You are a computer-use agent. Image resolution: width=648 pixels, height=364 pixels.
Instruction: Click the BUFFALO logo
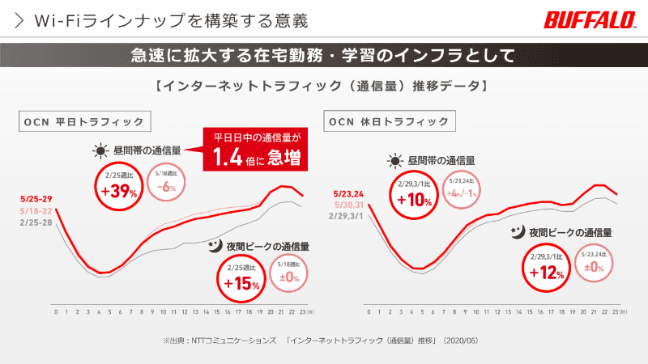tap(592, 19)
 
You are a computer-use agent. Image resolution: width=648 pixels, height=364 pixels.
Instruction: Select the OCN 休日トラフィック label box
tap(388, 122)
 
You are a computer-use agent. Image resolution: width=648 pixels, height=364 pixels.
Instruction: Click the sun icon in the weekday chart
tap(100, 150)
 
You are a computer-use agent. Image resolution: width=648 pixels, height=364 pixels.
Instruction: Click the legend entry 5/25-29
tap(38, 198)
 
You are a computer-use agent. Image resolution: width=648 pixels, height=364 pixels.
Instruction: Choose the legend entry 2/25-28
tap(38, 219)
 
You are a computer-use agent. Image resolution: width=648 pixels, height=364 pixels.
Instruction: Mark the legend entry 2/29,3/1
tap(349, 216)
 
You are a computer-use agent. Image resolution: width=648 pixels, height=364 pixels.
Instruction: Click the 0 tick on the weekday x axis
tap(55, 311)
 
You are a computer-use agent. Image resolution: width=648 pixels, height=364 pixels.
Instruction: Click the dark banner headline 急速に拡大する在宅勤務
tap(323, 56)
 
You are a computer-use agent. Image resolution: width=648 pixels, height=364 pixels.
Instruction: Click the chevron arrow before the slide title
tap(20, 18)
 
